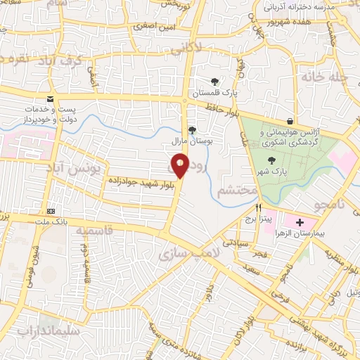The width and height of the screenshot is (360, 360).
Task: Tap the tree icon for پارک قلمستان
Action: pyautogui.click(x=215, y=81)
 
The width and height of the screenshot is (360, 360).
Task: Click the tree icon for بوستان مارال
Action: pyautogui.click(x=192, y=129)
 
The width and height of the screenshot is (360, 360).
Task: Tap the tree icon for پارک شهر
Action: pyautogui.click(x=271, y=161)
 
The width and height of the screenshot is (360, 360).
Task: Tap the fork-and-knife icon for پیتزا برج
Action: pyautogui.click(x=259, y=208)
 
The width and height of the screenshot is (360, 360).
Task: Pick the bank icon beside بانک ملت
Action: pyautogui.click(x=51, y=211)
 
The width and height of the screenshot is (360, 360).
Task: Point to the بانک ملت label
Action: pyautogui.click(x=51, y=222)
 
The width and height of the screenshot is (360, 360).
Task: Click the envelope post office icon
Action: pyautogui.click(x=50, y=99)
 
